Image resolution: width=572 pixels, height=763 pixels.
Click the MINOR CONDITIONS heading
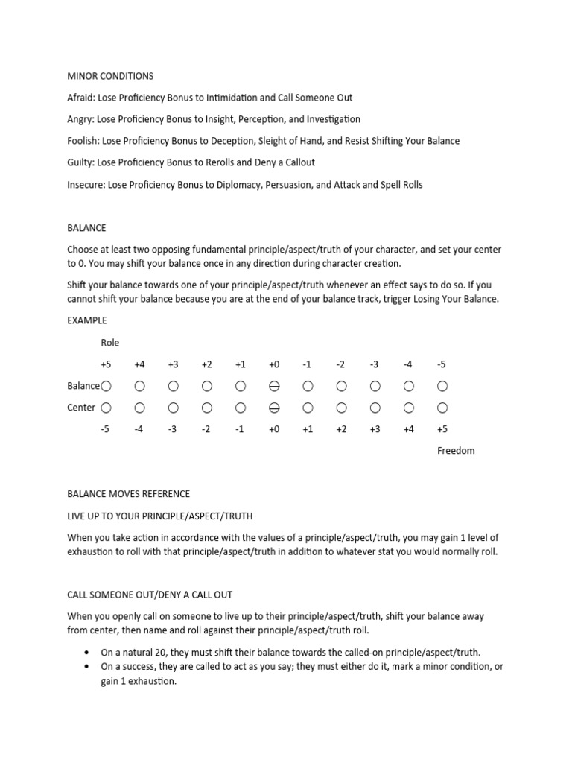coord(110,76)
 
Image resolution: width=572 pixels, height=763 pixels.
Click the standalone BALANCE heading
coord(86,227)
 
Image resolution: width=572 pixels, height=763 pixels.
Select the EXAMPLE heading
coord(87,320)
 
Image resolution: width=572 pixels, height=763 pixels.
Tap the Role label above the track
coord(110,343)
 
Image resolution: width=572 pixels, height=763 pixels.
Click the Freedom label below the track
coord(456,451)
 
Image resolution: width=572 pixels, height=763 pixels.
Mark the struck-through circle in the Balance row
coord(274,386)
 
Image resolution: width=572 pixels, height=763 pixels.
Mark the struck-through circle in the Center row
coord(274,408)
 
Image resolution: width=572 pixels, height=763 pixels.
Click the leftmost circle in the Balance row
coord(106,386)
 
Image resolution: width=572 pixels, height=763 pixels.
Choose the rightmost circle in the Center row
coord(442,408)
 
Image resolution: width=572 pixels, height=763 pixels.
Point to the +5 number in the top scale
coord(105,364)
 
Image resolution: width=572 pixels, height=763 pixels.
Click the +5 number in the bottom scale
coord(442,429)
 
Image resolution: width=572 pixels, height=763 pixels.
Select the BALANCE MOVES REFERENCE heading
coord(128,494)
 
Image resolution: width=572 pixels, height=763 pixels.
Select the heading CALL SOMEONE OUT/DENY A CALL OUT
coord(150,595)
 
